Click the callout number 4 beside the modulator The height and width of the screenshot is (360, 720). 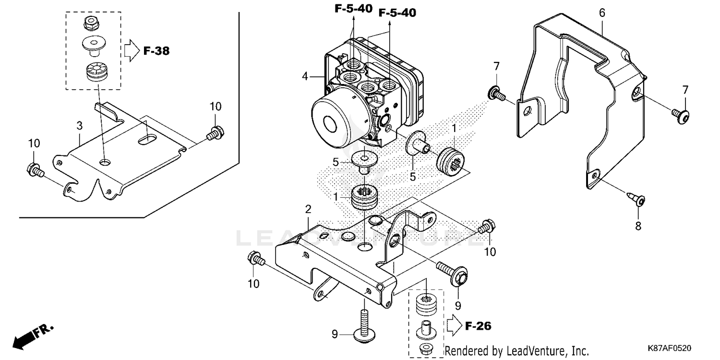click(x=304, y=76)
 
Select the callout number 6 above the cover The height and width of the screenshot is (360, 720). click(x=602, y=13)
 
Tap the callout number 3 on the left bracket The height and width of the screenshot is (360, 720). click(x=80, y=126)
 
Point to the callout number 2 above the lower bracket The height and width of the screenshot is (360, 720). click(x=308, y=209)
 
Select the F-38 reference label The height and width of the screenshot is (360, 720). click(x=156, y=50)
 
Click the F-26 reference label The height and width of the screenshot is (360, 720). click(x=478, y=326)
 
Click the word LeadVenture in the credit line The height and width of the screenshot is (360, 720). click(x=533, y=351)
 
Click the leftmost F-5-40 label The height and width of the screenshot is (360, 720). click(x=353, y=9)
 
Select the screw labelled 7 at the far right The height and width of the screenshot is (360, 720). click(x=680, y=114)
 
